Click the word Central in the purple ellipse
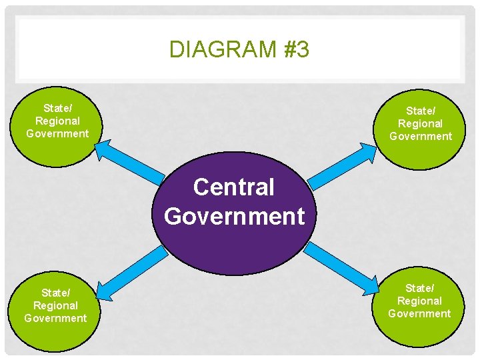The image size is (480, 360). click(233, 187)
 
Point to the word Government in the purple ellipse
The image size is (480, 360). click(234, 216)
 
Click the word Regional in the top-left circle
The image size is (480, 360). click(57, 121)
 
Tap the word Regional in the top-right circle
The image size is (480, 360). click(420, 123)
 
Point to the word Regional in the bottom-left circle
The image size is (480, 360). click(56, 305)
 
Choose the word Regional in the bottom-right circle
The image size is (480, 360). click(419, 301)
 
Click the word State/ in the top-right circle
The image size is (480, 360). click(420, 111)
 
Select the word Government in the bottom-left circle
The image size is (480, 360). click(55, 318)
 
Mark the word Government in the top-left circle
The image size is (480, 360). click(57, 133)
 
